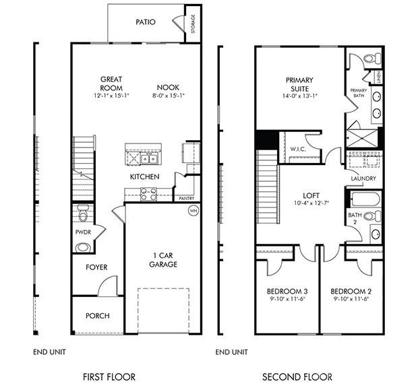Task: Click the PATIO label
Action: pyautogui.click(x=145, y=22)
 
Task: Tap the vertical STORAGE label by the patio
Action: pyautogui.click(x=193, y=22)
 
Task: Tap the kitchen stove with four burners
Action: pyautogui.click(x=148, y=194)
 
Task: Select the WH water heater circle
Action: pyautogui.click(x=193, y=210)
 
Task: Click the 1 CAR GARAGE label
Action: pyautogui.click(x=162, y=260)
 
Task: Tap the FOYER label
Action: pyautogui.click(x=96, y=267)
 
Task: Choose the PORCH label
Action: pyautogui.click(x=97, y=316)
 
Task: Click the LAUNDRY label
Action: pyautogui.click(x=363, y=178)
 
